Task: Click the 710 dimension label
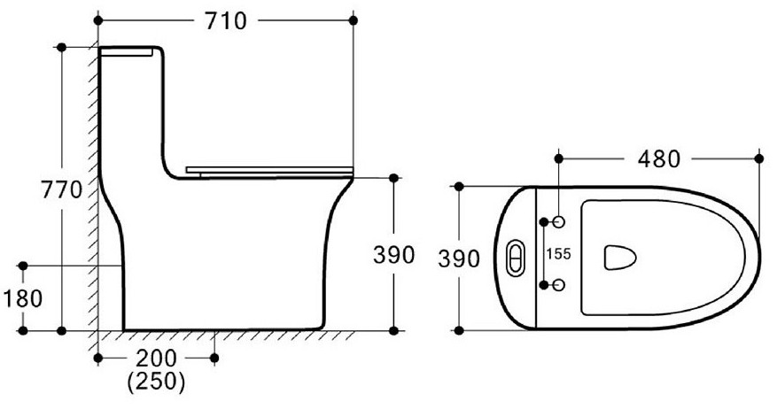226,20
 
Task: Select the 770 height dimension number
61,189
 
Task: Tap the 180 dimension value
23,298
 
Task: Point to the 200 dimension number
156,358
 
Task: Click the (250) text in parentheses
156,382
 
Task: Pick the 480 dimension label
659,159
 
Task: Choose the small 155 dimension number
558,254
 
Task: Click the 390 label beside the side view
394,255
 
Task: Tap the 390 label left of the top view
459,259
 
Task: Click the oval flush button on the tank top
516,258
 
